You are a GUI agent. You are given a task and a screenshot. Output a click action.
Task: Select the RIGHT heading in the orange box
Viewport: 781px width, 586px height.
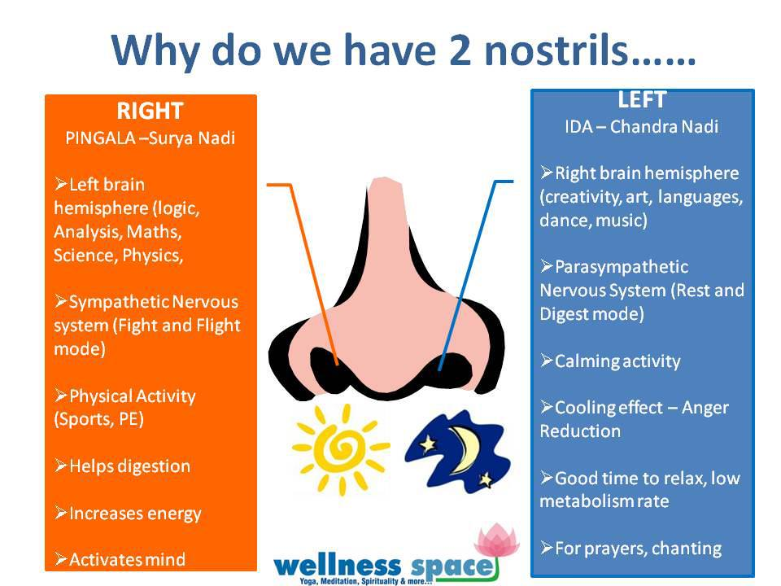[x=150, y=111]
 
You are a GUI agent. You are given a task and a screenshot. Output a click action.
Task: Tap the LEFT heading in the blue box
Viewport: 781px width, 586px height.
[x=642, y=99]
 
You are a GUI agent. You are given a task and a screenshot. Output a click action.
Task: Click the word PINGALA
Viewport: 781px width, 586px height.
[x=100, y=138]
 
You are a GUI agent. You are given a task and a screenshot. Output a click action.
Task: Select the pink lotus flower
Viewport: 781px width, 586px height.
[x=496, y=540]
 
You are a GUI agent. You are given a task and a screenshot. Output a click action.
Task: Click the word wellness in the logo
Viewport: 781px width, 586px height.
[x=337, y=566]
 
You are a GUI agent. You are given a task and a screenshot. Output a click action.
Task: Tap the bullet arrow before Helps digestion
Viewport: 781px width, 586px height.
[x=61, y=466]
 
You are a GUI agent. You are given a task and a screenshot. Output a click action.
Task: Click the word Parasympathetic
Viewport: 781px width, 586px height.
[x=621, y=267]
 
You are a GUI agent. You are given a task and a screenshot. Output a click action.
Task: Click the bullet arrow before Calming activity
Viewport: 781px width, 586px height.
[x=547, y=361]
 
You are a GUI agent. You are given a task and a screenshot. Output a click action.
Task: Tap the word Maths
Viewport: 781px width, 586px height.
[x=154, y=232]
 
